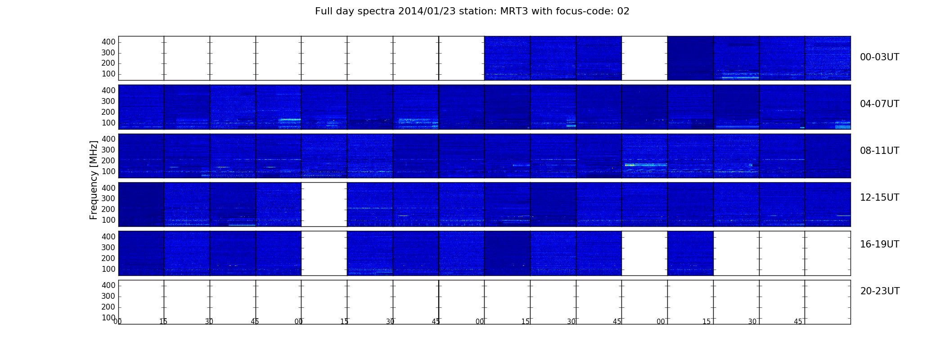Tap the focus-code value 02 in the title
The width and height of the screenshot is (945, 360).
coord(623,11)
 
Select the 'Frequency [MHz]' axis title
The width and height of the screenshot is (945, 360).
coord(94,180)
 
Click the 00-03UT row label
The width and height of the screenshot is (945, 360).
coord(880,57)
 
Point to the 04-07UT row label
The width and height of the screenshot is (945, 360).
coord(880,104)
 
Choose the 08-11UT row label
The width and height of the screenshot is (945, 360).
coord(880,151)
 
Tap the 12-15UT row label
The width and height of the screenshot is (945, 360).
coord(880,198)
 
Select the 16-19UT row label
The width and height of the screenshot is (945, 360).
coord(880,244)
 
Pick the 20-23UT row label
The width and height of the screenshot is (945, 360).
coord(880,291)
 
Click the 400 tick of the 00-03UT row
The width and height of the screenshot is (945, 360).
coord(108,42)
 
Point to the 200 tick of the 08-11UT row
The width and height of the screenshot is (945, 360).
coord(108,161)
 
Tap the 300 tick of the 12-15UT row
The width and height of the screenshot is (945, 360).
coord(108,198)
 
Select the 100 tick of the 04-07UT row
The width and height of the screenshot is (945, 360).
coord(108,123)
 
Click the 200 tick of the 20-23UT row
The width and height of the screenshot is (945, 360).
coord(108,307)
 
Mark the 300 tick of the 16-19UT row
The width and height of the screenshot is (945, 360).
coord(108,247)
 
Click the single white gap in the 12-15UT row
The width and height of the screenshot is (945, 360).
coord(324,204)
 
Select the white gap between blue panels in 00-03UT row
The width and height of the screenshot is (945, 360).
coord(644,58)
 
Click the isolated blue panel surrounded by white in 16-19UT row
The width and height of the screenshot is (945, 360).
coord(690,253)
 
